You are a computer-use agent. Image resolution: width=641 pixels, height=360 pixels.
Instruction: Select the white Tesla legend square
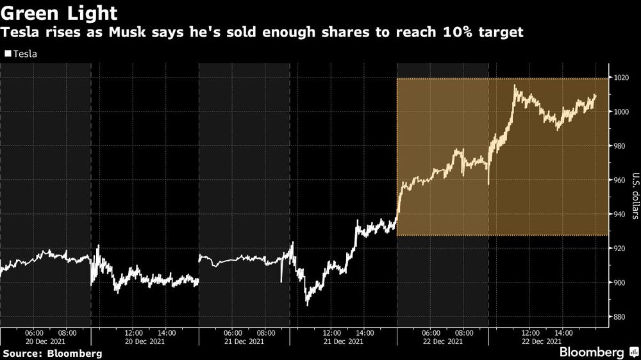point(8,54)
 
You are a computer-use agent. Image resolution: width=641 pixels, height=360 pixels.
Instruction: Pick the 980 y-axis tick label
point(622,146)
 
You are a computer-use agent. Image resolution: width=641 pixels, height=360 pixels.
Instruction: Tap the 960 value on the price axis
point(622,180)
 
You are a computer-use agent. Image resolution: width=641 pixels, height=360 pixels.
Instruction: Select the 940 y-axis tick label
point(622,214)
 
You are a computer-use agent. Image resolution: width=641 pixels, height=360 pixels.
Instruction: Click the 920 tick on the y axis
point(622,248)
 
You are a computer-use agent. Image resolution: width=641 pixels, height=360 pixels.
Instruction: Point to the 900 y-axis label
point(622,282)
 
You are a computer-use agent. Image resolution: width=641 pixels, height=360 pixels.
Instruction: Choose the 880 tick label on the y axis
point(622,316)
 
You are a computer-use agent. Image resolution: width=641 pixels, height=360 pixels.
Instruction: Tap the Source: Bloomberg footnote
point(52,353)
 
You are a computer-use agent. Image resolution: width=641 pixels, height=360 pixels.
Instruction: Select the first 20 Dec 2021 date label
point(46,342)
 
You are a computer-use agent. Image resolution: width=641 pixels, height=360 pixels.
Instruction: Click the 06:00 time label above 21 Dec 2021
point(233,333)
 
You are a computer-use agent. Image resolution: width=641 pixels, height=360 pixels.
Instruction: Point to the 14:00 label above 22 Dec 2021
point(563,333)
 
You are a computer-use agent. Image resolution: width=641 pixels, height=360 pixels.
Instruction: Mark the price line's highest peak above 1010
point(515,85)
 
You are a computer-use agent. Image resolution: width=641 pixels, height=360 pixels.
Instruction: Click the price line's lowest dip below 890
point(307,305)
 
